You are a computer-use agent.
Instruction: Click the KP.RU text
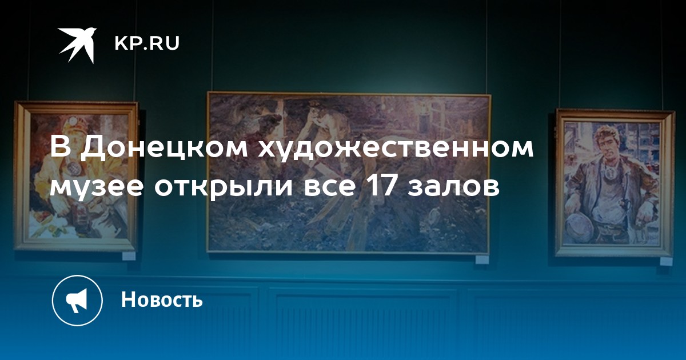tap(147, 43)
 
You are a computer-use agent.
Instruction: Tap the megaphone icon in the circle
tap(77, 301)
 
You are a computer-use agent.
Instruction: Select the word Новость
tap(162, 299)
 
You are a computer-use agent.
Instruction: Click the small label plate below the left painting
tap(129, 256)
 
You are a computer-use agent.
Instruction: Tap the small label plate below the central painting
tap(482, 259)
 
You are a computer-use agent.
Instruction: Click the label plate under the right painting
tap(666, 261)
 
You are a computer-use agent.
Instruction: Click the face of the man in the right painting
tap(607, 143)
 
